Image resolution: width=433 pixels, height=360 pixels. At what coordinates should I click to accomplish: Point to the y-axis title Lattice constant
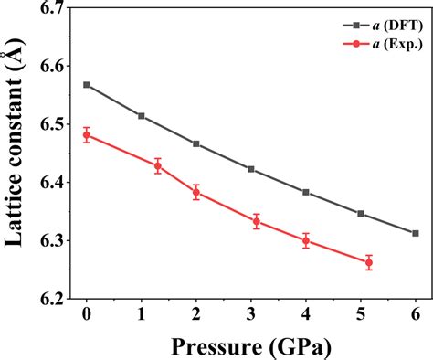click(x=16, y=151)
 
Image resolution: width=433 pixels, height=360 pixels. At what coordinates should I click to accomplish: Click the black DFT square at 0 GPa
click(x=86, y=84)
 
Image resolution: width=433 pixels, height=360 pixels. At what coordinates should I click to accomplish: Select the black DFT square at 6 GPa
click(x=416, y=233)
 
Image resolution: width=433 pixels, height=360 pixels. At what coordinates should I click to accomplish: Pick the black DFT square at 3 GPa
click(x=251, y=169)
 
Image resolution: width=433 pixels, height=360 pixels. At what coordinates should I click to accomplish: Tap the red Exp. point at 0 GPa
click(x=86, y=135)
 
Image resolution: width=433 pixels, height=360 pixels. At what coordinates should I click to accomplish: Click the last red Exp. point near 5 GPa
click(x=369, y=262)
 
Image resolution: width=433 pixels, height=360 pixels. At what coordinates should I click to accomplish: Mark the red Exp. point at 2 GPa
click(x=196, y=192)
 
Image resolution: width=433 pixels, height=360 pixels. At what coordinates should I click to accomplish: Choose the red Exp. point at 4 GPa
click(x=306, y=240)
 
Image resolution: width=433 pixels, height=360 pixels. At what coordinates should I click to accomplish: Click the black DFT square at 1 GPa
click(x=141, y=116)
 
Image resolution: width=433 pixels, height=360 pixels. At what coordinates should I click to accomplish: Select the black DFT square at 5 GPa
click(x=361, y=214)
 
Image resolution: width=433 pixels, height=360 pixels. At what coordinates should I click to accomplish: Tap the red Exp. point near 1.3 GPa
click(x=158, y=165)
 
